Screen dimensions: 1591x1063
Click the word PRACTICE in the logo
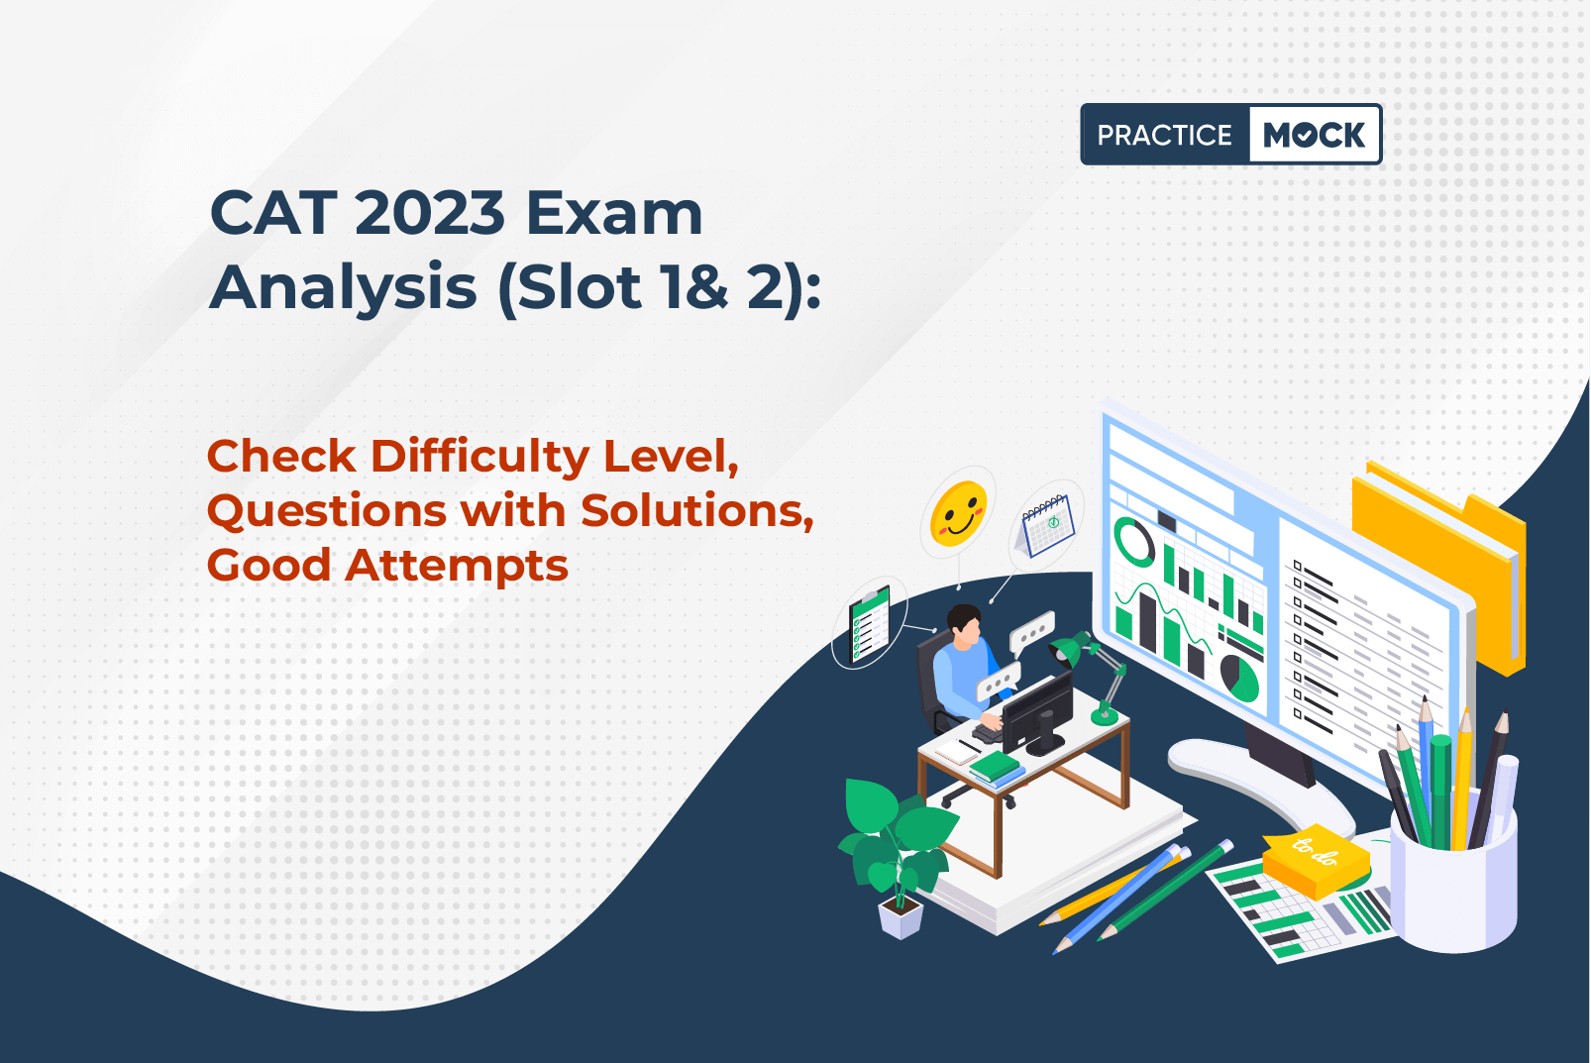(x=1164, y=135)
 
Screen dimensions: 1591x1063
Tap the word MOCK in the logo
(x=1314, y=135)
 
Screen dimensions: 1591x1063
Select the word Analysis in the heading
(x=343, y=287)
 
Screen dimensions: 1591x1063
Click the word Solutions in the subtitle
(x=696, y=510)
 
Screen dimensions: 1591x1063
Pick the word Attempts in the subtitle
(x=457, y=566)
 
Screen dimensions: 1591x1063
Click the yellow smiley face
(x=959, y=513)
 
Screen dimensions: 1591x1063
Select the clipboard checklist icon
(x=870, y=623)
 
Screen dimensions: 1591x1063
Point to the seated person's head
(x=965, y=625)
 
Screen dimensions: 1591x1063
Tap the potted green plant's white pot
(x=901, y=916)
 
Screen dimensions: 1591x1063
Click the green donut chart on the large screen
(x=1133, y=541)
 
